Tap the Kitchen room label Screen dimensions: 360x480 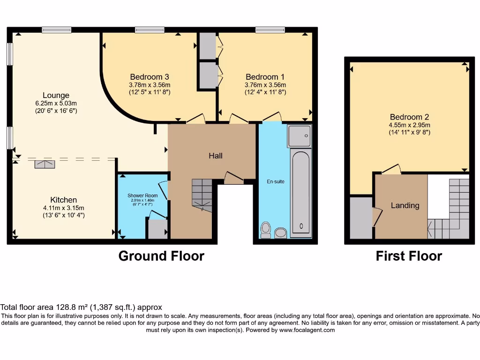(64, 200)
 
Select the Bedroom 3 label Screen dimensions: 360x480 (150, 77)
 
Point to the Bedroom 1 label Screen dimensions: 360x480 (265, 77)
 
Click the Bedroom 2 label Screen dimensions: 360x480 (409, 117)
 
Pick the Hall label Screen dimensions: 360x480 (216, 156)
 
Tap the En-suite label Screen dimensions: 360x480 (276, 181)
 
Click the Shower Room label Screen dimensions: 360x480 (142, 195)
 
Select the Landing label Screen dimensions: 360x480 (405, 205)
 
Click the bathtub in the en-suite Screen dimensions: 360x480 (300, 192)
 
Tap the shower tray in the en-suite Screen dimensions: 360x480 (299, 136)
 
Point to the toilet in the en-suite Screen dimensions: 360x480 (266, 230)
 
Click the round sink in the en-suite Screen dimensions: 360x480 (281, 232)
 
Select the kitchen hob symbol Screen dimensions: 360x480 (45, 164)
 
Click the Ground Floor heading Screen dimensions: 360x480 (161, 256)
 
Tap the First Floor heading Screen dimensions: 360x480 (409, 256)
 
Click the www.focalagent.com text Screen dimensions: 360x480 (307, 330)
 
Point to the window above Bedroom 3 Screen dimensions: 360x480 (150, 30)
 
